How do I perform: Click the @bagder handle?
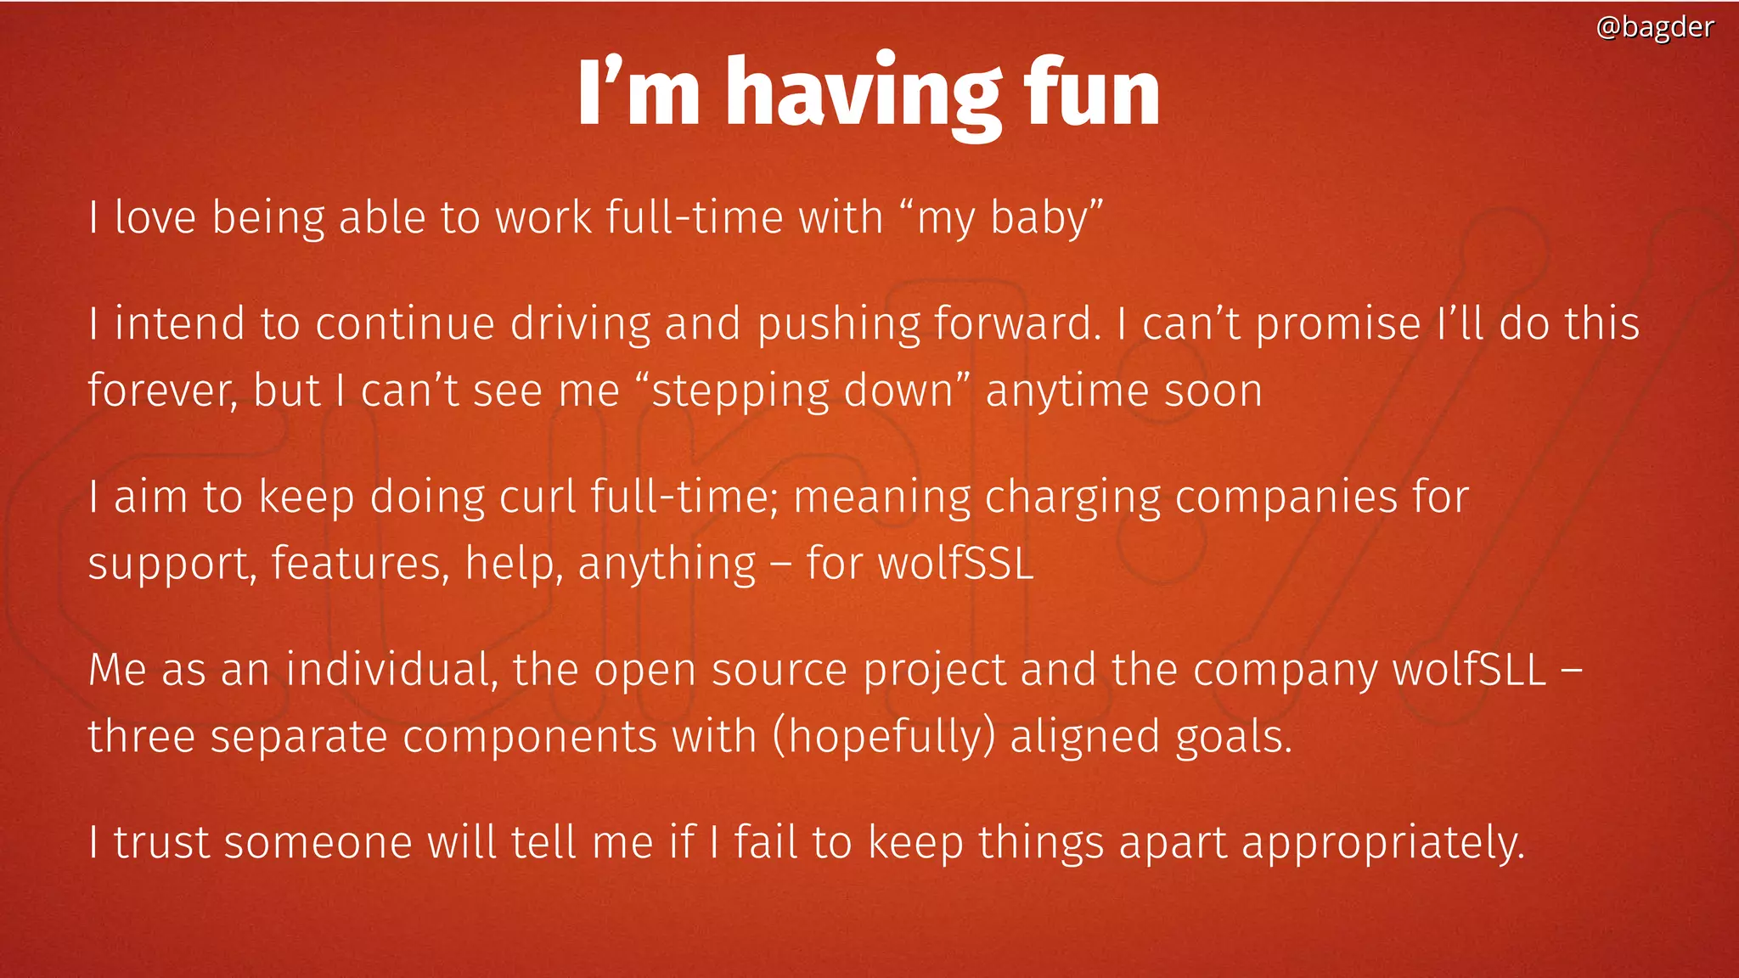click(1654, 27)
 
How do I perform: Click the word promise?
click(1337, 325)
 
